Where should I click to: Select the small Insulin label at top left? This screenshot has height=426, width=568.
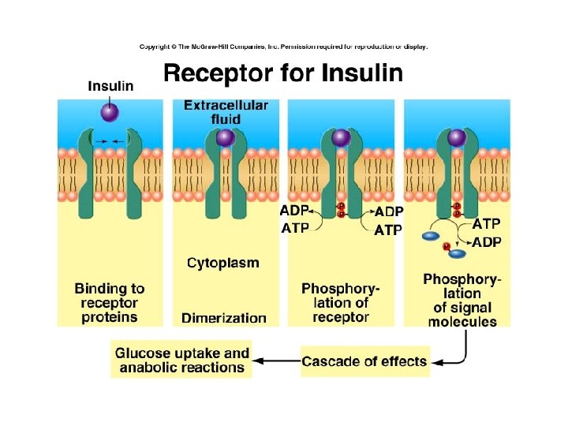click(110, 86)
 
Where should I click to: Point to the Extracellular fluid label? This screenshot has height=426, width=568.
click(226, 111)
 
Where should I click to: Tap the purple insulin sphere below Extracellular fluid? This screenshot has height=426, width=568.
click(226, 139)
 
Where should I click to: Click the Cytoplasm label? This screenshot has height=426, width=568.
click(222, 262)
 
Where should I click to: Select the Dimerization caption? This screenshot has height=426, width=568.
click(224, 318)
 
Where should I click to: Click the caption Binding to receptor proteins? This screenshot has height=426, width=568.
click(110, 303)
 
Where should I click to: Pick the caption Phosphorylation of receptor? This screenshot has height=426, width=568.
click(341, 303)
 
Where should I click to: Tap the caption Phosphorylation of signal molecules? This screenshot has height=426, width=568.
click(462, 300)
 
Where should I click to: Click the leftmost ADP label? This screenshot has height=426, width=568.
click(295, 211)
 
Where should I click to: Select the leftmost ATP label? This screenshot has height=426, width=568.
click(295, 228)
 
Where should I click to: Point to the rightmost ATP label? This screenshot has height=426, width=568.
click(485, 224)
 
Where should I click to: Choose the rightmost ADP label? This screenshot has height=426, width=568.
click(486, 242)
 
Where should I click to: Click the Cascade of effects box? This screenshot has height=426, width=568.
click(364, 362)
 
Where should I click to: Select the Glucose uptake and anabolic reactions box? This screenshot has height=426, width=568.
click(182, 361)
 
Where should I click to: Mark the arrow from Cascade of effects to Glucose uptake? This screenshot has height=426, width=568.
click(276, 362)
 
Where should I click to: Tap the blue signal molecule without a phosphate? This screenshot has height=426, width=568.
click(432, 235)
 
